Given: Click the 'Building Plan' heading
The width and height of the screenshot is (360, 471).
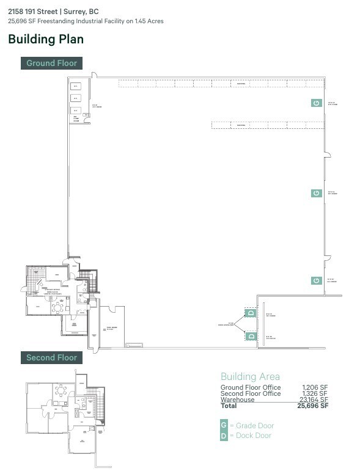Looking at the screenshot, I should point(46,39).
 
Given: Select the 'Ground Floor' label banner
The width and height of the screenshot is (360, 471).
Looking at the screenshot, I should point(51,63).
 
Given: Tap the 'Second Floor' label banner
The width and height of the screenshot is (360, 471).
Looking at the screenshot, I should point(51,357).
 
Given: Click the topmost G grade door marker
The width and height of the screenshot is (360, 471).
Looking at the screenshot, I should point(316,103).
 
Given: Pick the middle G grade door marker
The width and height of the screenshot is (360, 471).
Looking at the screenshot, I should point(316,192).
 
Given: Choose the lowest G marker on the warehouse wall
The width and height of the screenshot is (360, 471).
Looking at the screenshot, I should point(316,280).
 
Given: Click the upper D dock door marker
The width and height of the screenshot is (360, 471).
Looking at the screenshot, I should point(251,313).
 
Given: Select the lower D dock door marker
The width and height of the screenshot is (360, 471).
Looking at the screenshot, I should point(251,336).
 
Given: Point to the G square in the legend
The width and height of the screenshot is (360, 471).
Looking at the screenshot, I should point(224,425).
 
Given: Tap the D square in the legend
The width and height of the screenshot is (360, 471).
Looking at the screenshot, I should point(224,436).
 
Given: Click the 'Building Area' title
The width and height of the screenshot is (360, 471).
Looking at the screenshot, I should point(250,376).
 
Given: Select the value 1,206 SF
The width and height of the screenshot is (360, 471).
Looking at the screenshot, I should point(315,387).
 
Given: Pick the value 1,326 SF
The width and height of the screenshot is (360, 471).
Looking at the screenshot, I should point(315,393).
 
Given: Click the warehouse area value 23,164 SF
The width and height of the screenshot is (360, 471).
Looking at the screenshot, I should point(314,400).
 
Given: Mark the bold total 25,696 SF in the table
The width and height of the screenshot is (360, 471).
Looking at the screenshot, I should point(312,406).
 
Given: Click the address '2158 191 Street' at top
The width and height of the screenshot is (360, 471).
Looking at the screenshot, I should point(33,12).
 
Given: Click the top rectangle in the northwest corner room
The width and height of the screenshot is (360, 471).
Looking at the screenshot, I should point(76,86).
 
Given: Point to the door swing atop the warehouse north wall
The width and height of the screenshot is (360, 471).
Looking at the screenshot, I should point(94,75).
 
